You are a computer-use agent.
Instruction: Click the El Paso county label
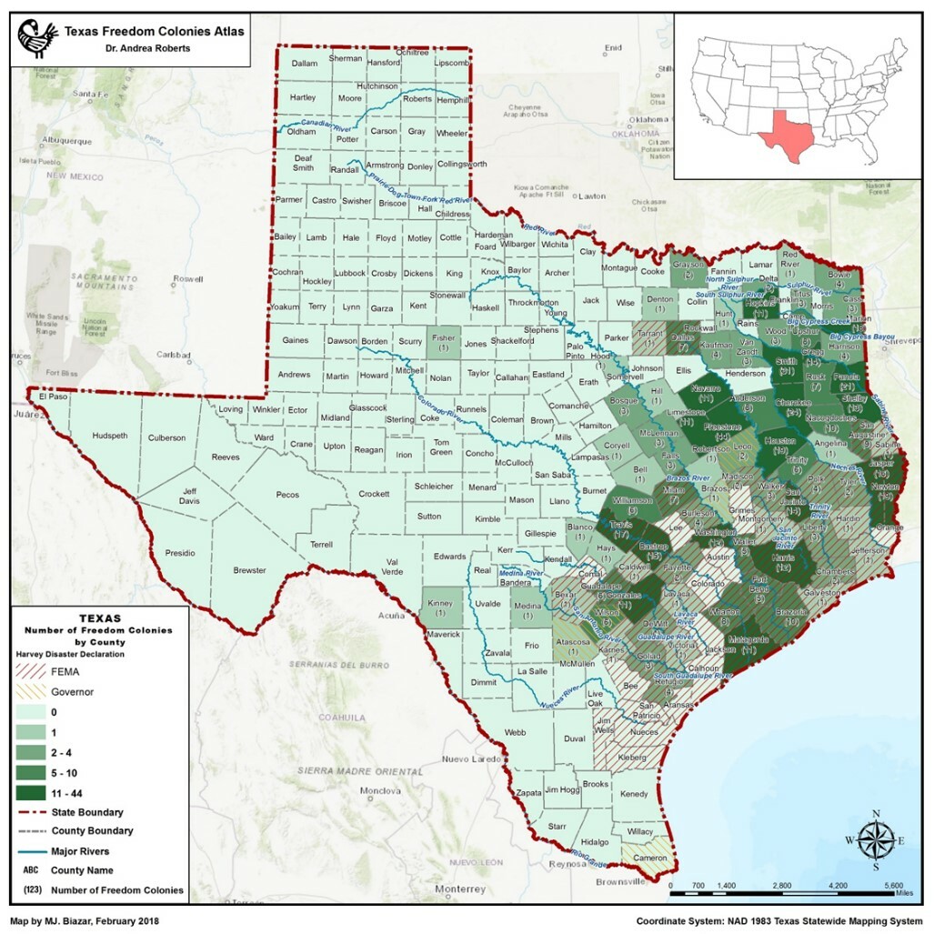pos(54,397)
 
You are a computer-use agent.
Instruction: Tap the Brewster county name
pos(249,570)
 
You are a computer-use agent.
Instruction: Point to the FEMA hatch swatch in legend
pos(29,671)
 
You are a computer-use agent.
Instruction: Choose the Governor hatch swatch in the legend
pos(29,691)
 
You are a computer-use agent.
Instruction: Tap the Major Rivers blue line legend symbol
pos(29,851)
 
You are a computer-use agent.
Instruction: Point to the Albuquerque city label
pos(66,141)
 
